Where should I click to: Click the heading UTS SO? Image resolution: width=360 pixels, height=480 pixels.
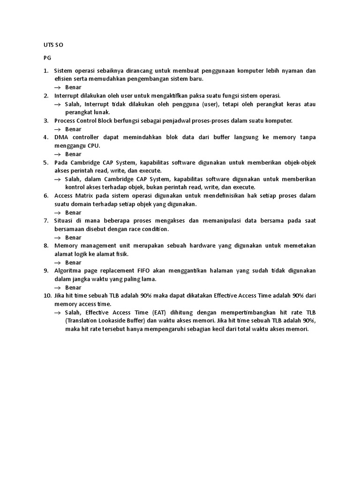(x=52, y=45)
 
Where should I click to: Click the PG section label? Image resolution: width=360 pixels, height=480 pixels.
(x=47, y=58)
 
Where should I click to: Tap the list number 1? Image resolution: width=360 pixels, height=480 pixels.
(x=46, y=71)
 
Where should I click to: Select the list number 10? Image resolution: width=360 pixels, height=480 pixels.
(x=47, y=296)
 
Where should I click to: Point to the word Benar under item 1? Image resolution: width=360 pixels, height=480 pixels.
(x=73, y=87)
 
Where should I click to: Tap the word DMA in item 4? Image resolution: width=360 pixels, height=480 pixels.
(x=61, y=137)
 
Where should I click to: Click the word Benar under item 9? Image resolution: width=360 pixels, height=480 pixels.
(x=73, y=287)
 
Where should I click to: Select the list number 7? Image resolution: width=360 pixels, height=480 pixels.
(x=46, y=221)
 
